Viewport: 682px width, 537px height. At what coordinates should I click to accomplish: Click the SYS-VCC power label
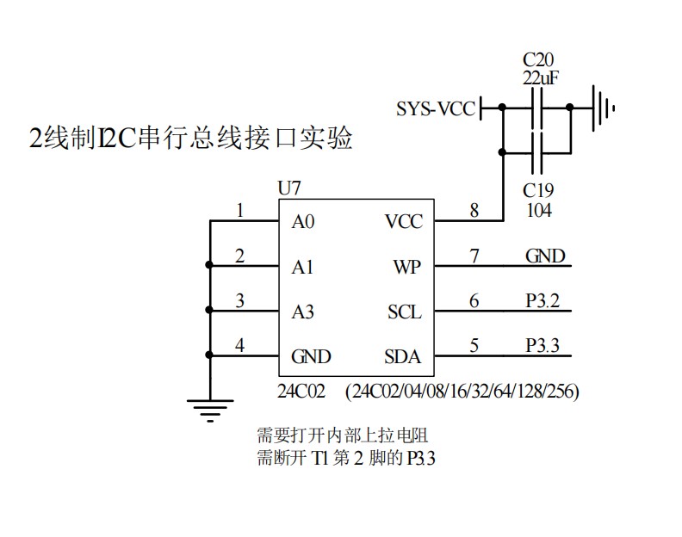435,108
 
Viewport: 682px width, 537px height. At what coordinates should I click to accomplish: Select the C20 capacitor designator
539,59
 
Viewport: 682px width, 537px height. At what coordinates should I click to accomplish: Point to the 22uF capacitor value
541,77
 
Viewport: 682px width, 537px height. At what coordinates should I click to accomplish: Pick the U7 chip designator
289,188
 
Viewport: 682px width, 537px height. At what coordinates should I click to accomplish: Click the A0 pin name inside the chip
303,222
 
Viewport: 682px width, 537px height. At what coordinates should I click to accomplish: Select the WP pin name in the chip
406,267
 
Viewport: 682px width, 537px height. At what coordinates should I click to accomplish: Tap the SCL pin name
404,312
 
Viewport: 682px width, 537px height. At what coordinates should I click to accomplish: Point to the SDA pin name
402,356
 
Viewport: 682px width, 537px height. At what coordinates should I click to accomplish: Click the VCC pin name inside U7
403,222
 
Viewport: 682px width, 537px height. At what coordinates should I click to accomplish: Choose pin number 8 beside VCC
474,210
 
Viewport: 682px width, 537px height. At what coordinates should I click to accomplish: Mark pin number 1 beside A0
239,210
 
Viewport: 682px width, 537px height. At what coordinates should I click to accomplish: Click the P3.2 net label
542,300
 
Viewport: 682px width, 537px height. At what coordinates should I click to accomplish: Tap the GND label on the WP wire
545,256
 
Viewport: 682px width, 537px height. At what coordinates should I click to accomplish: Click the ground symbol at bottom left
209,408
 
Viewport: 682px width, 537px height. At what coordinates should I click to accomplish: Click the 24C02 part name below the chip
301,392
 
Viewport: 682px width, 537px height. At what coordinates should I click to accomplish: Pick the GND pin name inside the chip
311,356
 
